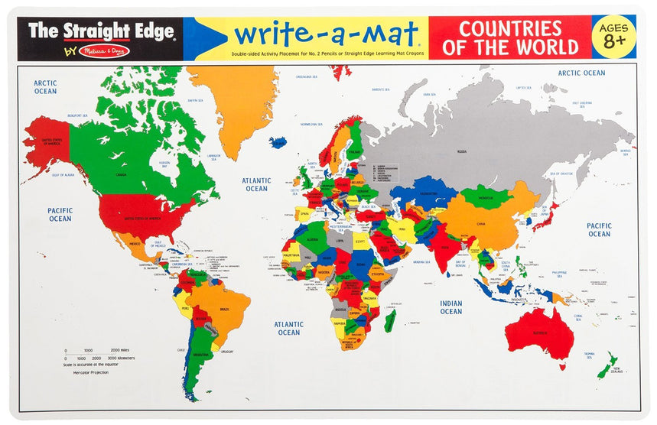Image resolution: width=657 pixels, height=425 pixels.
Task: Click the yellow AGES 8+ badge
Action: [x=613, y=36]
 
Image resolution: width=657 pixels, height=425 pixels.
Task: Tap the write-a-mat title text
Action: [x=326, y=34]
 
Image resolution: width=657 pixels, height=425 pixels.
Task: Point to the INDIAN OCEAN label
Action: [x=450, y=307]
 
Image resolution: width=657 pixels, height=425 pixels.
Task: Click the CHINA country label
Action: [x=480, y=224]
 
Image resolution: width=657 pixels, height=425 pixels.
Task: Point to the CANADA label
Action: [x=121, y=174]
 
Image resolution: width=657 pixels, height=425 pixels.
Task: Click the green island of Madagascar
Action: [x=390, y=320]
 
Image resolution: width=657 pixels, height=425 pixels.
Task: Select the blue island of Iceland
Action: [x=278, y=142]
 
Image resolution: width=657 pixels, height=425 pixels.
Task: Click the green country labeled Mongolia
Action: [x=486, y=196]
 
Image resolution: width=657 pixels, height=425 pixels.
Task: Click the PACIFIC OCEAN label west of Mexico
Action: [x=60, y=214]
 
